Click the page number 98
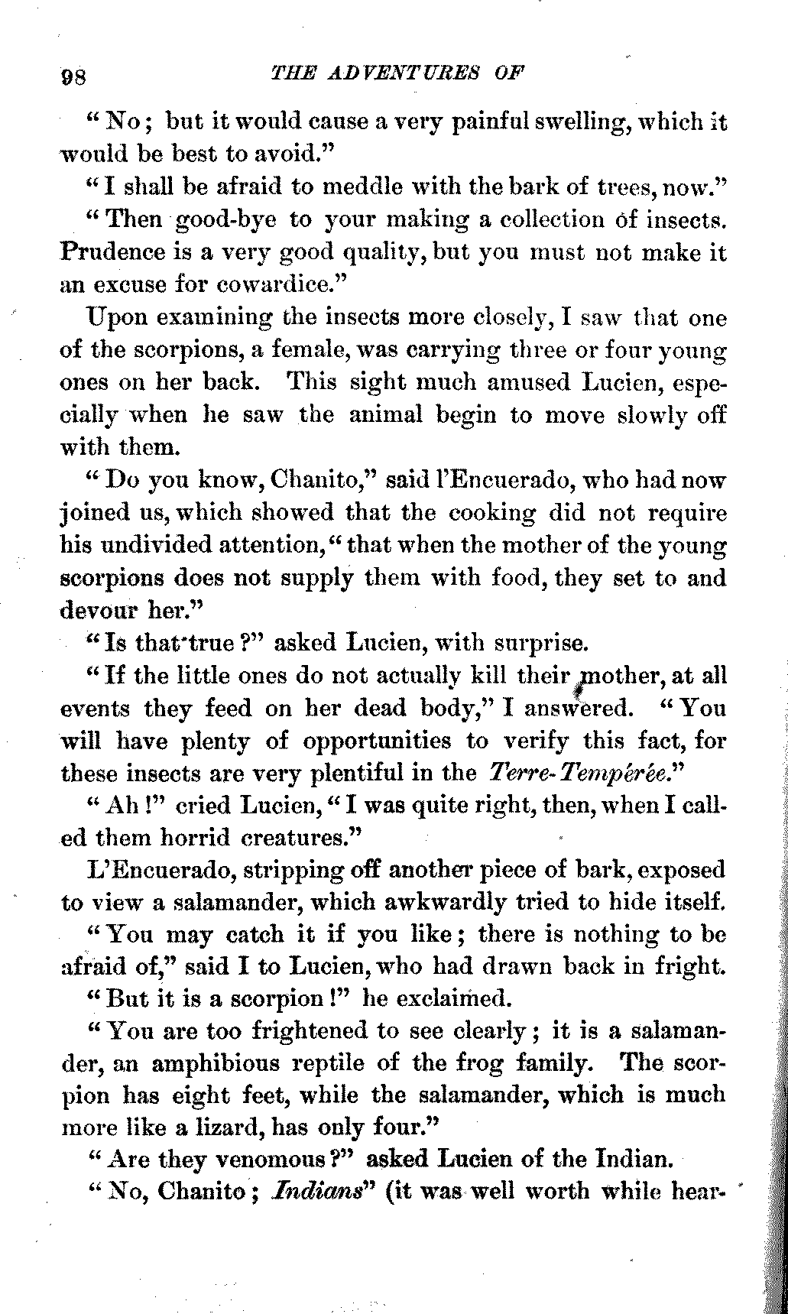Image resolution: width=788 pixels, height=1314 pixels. click(76, 77)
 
